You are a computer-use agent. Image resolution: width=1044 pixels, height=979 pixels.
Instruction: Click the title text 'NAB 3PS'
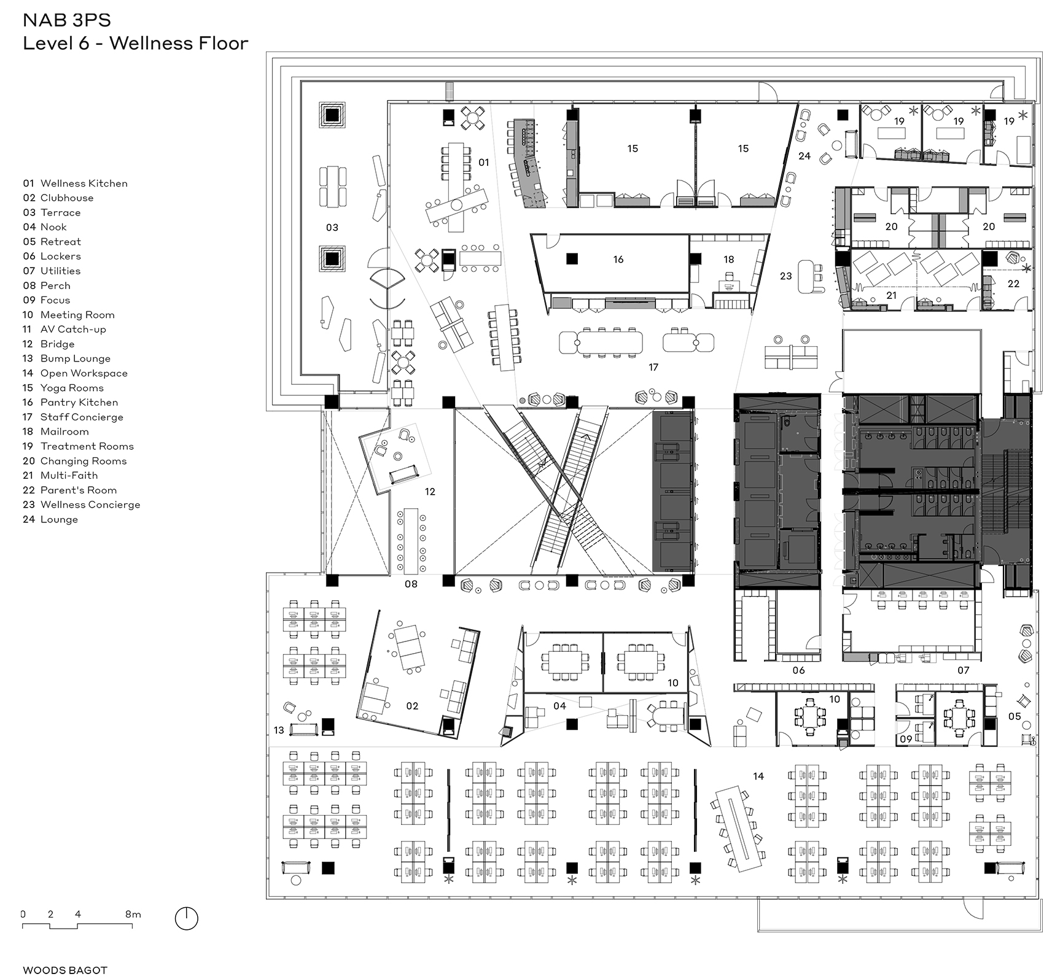point(67,20)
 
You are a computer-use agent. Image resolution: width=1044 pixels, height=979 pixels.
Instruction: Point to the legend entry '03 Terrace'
point(52,212)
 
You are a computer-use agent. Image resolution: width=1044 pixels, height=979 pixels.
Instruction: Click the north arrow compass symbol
point(187,918)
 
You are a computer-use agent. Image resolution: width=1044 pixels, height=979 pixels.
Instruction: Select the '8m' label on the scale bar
point(133,914)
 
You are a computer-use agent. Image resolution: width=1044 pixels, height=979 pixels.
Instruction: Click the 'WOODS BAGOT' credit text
point(65,970)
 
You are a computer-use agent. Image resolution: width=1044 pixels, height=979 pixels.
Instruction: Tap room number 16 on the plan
point(618,260)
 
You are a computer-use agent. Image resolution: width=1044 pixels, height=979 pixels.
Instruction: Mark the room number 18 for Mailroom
point(729,259)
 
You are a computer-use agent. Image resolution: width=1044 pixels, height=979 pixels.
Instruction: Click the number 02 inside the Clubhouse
point(412,706)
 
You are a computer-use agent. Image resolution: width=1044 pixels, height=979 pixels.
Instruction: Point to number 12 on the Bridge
point(430,492)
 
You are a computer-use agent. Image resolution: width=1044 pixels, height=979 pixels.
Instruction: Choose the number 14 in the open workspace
point(758,776)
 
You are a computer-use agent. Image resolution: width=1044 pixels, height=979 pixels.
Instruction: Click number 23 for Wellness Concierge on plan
point(785,276)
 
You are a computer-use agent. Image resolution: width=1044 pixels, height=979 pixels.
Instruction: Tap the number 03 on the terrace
point(332,228)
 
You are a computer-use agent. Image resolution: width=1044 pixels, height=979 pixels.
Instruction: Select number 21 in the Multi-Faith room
point(891,295)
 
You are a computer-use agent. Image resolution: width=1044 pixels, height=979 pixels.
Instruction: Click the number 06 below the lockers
point(798,670)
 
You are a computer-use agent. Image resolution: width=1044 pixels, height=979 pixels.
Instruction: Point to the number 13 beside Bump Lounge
point(279,730)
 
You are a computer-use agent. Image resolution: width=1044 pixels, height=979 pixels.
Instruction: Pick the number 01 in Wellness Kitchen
point(484,163)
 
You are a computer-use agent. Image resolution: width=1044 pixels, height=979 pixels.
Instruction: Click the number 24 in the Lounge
point(804,157)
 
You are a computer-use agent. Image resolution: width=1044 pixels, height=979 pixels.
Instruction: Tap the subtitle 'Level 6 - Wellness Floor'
point(136,44)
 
